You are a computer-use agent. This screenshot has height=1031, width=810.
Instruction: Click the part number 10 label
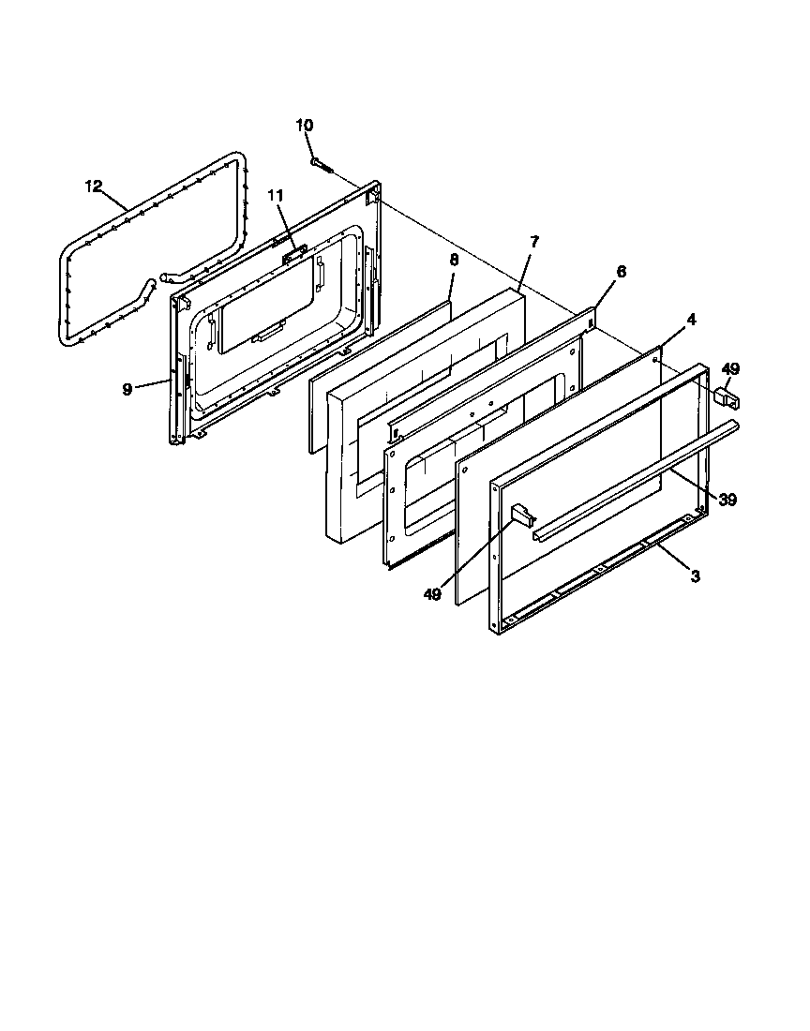305,126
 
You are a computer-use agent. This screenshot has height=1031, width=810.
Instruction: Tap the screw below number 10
322,165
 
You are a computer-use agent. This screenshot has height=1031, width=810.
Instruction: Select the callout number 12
93,185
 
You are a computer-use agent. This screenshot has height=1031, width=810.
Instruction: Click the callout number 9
127,389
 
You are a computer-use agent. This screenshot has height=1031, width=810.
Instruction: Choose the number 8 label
453,260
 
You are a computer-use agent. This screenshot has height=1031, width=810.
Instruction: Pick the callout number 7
533,242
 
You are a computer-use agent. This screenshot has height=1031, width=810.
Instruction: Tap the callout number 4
691,319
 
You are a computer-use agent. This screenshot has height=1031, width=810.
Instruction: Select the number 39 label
727,500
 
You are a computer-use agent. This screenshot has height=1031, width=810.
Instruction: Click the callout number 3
695,576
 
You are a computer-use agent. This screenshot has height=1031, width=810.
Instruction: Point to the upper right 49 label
729,368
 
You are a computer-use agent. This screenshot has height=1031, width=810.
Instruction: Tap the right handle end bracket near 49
727,396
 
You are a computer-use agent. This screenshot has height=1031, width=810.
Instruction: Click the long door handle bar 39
637,478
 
